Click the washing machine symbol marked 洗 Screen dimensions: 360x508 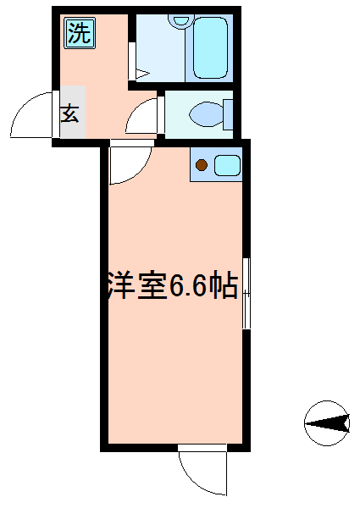(x=80, y=34)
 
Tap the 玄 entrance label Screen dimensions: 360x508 (x=70, y=113)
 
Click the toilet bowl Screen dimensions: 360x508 (x=206, y=114)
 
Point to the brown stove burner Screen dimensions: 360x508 (x=202, y=165)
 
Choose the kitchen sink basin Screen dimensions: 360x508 (x=228, y=165)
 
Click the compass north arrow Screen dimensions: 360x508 (x=327, y=423)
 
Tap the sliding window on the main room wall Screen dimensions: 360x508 (x=246, y=293)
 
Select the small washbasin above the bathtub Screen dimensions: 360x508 (x=180, y=20)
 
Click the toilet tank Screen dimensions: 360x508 (x=228, y=114)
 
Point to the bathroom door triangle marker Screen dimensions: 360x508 (x=142, y=75)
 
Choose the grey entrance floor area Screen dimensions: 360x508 (x=73, y=112)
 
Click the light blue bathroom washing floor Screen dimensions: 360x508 (x=159, y=48)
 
